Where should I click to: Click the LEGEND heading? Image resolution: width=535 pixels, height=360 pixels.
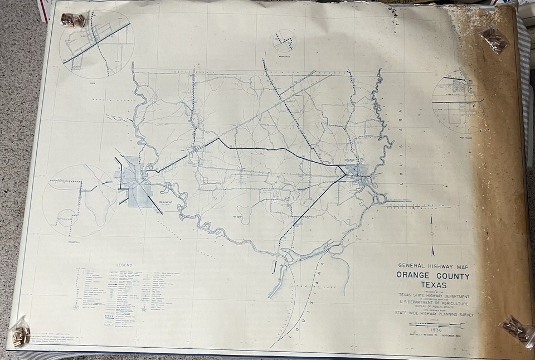[124, 264]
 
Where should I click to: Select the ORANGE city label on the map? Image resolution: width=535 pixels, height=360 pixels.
[351, 160]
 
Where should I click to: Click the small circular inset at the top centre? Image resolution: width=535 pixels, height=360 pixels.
[285, 41]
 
